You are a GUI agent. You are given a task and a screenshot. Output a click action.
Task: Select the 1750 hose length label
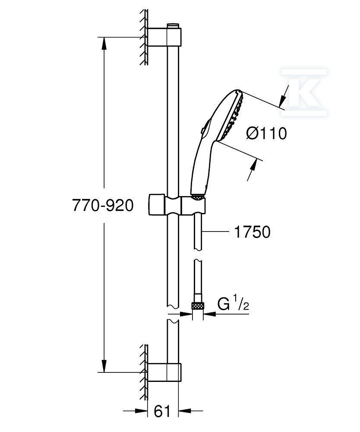pos(252,232)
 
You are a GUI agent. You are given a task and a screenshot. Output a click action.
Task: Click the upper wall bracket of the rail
pos(164,37)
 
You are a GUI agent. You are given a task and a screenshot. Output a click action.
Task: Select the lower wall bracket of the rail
pos(164,372)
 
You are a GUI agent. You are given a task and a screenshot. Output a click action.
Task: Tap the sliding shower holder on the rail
pos(177,205)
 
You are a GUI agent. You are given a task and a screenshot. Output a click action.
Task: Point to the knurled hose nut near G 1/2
pos(198,306)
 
